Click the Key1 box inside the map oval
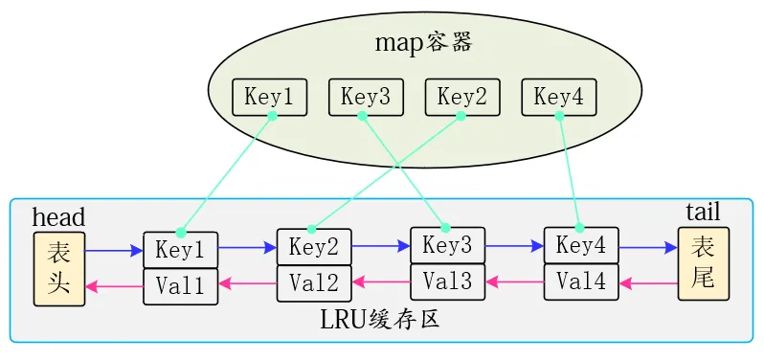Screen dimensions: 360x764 (x=269, y=97)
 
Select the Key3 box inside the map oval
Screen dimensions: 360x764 (x=366, y=97)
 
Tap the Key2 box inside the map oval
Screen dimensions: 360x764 (x=462, y=97)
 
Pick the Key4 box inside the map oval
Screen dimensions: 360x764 (x=558, y=97)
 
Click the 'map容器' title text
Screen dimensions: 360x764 (x=424, y=43)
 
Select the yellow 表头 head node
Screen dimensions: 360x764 (x=59, y=268)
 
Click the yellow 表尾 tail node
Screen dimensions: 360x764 (x=703, y=264)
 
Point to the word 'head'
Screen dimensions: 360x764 (x=58, y=217)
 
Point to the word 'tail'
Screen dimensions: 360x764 (x=703, y=212)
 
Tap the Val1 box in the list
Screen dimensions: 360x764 (x=180, y=286)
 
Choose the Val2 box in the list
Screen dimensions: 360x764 (x=314, y=282)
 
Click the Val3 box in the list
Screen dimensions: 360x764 (x=447, y=281)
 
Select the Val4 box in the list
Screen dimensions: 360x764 (x=581, y=281)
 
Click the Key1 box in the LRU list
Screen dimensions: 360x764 (x=180, y=250)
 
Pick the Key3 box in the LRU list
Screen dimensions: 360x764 (x=447, y=245)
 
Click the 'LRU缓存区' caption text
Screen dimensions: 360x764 (x=380, y=320)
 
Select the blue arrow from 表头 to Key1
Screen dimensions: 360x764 (x=114, y=251)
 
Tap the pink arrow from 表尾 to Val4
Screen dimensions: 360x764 (x=648, y=283)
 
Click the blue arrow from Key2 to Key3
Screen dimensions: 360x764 (x=380, y=246)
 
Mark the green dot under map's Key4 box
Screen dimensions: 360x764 (x=559, y=115)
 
